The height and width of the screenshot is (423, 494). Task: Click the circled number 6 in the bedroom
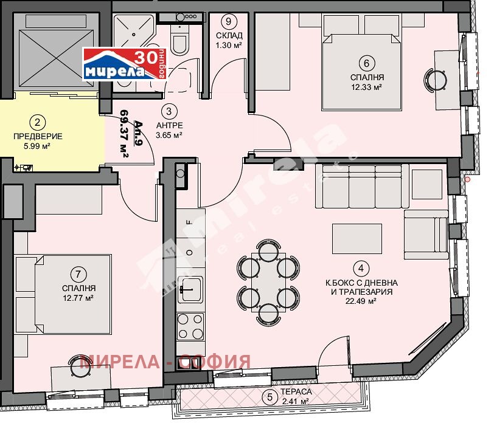[x=366, y=63]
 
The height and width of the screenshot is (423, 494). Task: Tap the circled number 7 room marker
[x=78, y=274]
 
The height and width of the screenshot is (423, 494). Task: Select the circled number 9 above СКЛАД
[x=229, y=21]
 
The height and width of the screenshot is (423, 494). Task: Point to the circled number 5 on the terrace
[x=270, y=397]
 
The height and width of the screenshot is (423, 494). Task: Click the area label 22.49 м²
[x=361, y=301]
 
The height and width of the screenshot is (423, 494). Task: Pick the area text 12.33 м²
[x=367, y=87]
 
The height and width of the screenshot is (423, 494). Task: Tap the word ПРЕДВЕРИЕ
[x=38, y=136]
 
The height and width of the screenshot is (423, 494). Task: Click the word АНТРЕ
[x=170, y=125]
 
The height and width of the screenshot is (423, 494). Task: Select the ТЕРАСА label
[x=296, y=391]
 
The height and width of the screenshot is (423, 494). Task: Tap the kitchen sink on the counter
[x=190, y=288]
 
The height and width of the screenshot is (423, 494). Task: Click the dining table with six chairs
[x=268, y=282]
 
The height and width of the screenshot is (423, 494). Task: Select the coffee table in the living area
[x=357, y=239]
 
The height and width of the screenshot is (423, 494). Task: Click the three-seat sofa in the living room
[x=363, y=186]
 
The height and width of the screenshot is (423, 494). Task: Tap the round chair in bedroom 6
[x=435, y=80]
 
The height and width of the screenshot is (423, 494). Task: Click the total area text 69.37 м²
[x=125, y=134]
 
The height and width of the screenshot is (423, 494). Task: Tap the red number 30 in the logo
[x=146, y=57]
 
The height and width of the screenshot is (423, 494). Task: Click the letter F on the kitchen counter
[x=189, y=222]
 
